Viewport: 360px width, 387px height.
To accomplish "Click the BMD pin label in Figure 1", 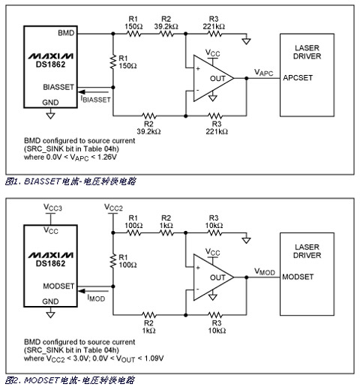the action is (x=66, y=33).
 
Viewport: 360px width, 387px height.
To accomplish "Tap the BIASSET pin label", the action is (x=58, y=87).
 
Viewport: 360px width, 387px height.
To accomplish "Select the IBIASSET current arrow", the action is (x=94, y=92).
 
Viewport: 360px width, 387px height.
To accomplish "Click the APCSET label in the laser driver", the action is (x=298, y=78).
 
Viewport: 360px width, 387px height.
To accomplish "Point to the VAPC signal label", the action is (x=263, y=73).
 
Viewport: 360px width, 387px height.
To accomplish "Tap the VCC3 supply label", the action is (x=52, y=207).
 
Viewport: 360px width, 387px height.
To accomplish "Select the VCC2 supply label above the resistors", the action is (x=113, y=207).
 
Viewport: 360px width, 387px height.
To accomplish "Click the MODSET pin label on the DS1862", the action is (x=58, y=286).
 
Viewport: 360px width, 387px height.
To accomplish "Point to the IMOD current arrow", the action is (x=94, y=291).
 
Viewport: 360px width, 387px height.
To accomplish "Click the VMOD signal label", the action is (x=265, y=271).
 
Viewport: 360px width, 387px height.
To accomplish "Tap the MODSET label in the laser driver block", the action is (x=298, y=277).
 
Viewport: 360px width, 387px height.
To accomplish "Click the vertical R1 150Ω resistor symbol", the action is (x=113, y=61).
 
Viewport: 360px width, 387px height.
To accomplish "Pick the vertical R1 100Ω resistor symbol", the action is (x=113, y=261).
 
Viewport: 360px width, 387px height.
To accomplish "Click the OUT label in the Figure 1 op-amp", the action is (x=217, y=79).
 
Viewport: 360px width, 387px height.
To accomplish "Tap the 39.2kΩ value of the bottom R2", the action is (x=148, y=131).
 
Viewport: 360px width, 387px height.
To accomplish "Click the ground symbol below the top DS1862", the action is (x=50, y=115).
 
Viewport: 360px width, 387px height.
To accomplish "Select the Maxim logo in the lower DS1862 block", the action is (x=51, y=255).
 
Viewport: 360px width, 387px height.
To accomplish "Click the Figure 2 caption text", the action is (x=70, y=380).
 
